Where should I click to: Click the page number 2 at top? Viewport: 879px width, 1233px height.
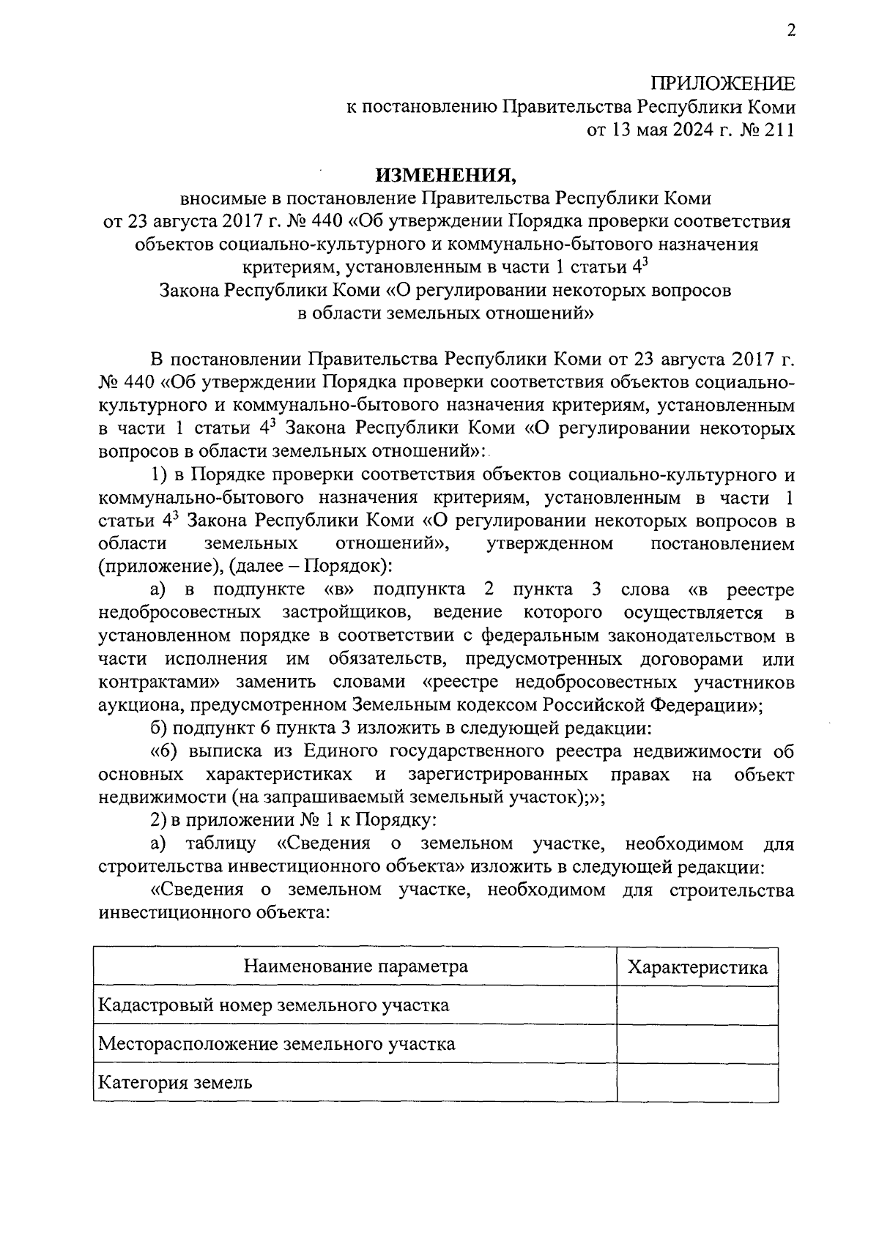(x=790, y=30)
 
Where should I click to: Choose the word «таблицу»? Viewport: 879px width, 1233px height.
(x=220, y=843)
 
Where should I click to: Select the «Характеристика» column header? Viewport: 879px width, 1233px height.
(x=698, y=967)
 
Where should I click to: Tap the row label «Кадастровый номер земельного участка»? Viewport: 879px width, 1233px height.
(x=274, y=1005)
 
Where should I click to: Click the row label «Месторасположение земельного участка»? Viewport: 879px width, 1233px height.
(x=277, y=1043)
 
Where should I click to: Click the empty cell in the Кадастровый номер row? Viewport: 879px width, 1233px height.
(x=697, y=1005)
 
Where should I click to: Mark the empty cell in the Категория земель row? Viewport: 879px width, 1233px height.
(x=697, y=1082)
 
